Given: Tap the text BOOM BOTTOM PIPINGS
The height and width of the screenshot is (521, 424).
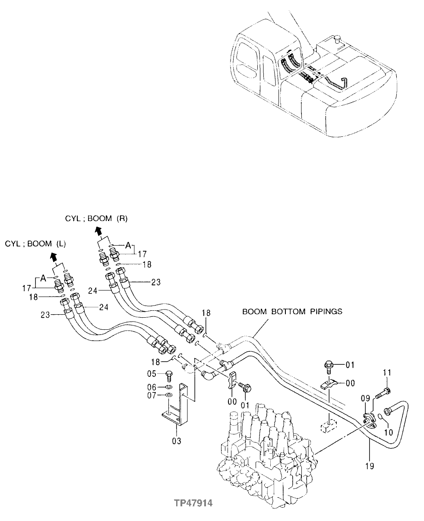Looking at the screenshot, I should tap(292, 311).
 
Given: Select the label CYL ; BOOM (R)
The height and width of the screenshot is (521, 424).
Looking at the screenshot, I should tap(96, 218).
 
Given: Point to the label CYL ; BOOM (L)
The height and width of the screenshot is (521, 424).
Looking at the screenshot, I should tap(35, 244).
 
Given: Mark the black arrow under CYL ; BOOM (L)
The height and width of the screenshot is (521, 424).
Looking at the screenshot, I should tap(53, 257).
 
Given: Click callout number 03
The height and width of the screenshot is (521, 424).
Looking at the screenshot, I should tap(177, 441).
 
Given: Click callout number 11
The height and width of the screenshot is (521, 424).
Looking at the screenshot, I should tap(387, 372).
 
